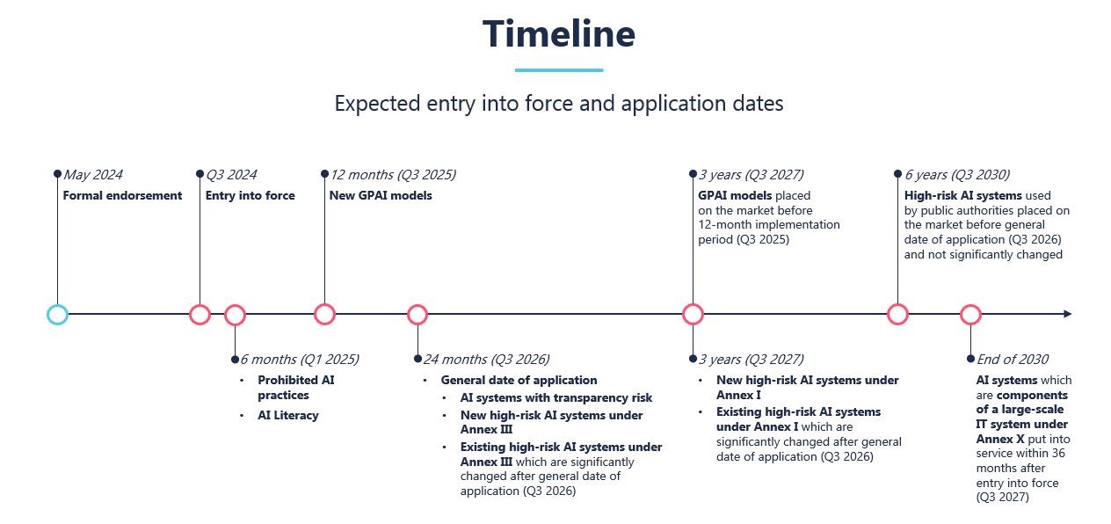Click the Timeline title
coord(558,34)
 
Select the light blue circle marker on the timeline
coord(57,314)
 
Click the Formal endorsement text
coord(122,195)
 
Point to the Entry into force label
coord(250,195)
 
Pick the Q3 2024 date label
coord(231,175)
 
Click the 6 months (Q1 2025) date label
coord(299,359)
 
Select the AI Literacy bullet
coord(287,415)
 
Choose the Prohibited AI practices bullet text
coord(295,388)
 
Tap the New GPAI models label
coord(381,195)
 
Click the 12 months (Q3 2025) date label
coord(392,175)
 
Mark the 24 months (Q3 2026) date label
coord(486,359)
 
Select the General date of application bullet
coord(519,380)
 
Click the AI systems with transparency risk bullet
coord(556,397)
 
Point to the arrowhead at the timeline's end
coord(1067,314)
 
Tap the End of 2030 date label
coord(1012,359)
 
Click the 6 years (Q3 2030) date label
coord(956,175)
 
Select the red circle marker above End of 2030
coord(970,314)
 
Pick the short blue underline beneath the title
coord(558,70)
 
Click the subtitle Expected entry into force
coord(558,103)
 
